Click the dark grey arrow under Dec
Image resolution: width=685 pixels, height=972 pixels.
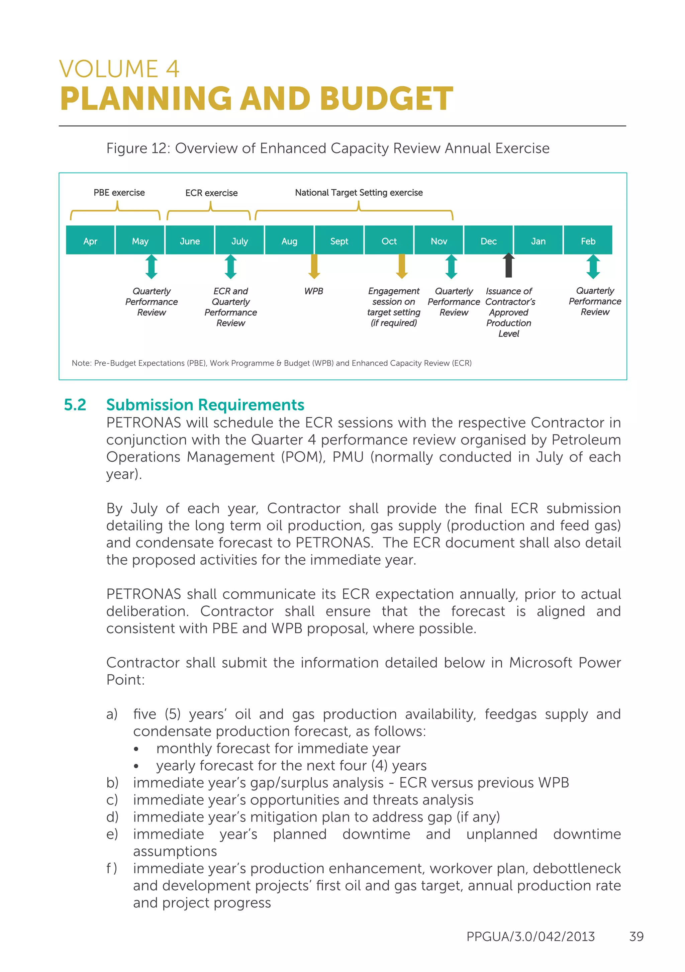(x=508, y=266)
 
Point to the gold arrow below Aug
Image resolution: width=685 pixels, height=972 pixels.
(x=314, y=266)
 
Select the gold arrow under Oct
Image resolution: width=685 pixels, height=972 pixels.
(x=402, y=266)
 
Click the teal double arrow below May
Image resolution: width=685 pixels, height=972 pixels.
(x=152, y=266)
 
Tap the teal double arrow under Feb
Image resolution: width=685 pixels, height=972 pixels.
(x=593, y=266)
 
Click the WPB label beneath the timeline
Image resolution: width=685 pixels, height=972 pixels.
(x=313, y=291)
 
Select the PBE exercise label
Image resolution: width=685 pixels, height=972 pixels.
(x=119, y=193)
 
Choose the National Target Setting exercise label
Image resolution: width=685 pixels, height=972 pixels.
(x=359, y=193)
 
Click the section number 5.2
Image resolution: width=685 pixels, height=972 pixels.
(x=75, y=405)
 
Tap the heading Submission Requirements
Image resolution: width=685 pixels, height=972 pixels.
(x=205, y=405)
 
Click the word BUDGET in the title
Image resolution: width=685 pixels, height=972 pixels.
(x=386, y=99)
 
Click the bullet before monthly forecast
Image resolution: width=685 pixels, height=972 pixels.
(x=136, y=749)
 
